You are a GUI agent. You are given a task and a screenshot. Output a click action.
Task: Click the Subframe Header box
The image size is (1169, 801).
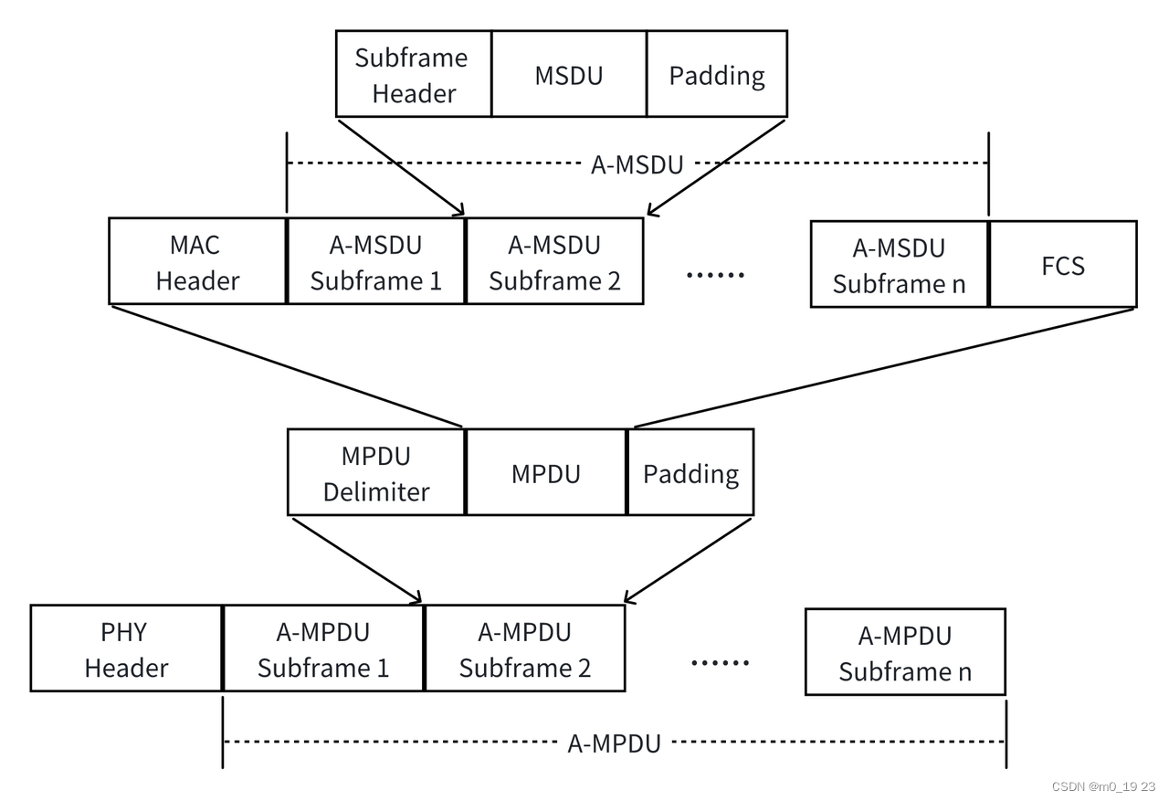click(x=413, y=74)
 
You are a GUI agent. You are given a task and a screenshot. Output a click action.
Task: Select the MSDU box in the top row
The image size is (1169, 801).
click(x=568, y=74)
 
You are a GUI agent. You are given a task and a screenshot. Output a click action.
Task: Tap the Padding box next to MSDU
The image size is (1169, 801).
click(x=716, y=74)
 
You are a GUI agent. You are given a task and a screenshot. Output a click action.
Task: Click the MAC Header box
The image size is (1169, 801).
click(x=197, y=262)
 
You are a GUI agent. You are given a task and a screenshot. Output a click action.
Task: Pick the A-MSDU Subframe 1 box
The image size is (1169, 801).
click(x=375, y=262)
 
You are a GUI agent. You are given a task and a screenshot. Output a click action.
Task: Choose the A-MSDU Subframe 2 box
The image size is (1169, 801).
click(x=553, y=262)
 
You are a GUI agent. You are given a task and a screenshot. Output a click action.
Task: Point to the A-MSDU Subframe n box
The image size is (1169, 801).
click(x=899, y=265)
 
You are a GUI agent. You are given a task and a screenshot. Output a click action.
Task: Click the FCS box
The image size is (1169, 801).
click(x=1062, y=265)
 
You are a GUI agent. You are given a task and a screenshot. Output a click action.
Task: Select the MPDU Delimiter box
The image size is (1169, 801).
click(x=375, y=473)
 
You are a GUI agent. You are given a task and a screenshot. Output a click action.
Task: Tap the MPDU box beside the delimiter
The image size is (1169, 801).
click(x=545, y=473)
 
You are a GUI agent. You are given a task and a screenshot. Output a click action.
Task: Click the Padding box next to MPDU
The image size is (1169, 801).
click(x=690, y=473)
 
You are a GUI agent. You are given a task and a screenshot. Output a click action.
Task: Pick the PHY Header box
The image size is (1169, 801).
click(x=126, y=648)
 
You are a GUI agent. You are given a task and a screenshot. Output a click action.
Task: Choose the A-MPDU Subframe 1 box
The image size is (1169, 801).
click(x=323, y=648)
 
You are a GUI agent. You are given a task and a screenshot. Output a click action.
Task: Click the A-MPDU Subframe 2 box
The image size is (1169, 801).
click(x=524, y=648)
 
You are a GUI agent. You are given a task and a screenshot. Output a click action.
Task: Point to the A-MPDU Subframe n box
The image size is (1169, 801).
click(x=904, y=652)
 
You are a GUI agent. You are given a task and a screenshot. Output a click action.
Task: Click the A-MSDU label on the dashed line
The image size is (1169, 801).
click(x=637, y=164)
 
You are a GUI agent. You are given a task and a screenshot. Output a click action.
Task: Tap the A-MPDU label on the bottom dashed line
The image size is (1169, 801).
click(x=614, y=743)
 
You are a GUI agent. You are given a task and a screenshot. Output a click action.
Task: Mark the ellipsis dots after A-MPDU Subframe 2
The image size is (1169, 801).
click(x=719, y=661)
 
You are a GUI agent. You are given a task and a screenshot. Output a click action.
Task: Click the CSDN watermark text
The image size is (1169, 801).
click(x=1103, y=786)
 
